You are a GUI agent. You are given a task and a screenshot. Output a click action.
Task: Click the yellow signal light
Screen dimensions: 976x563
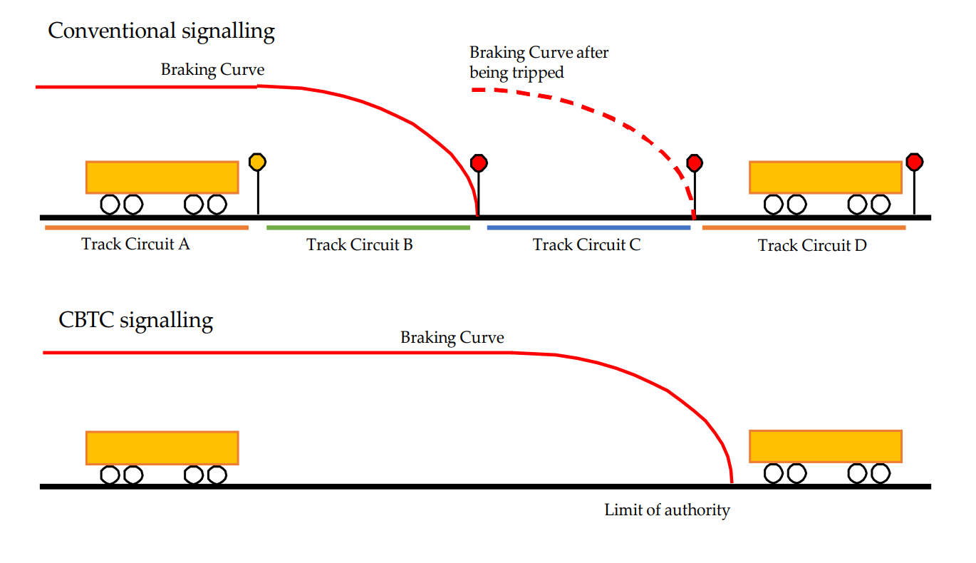point(257,162)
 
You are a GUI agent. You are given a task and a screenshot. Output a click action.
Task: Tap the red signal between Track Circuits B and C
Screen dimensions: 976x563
point(479,163)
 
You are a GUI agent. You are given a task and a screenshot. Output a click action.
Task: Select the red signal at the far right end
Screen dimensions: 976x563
point(915,162)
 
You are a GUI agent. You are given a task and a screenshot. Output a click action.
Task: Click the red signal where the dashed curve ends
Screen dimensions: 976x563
point(695,163)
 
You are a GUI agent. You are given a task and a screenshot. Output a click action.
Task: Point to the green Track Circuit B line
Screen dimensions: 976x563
point(368,227)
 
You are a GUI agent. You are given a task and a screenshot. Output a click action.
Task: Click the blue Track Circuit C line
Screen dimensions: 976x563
point(588,227)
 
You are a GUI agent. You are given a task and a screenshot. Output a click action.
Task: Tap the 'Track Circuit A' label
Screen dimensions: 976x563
point(135,244)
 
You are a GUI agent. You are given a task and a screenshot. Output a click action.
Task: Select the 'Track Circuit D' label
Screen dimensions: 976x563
point(813,245)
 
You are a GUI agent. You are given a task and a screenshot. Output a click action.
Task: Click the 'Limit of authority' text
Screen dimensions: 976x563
point(667,510)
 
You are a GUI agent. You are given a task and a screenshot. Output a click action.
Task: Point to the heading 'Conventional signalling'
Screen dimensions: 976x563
point(161,31)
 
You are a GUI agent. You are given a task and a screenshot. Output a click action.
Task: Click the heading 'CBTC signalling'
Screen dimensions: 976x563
point(135,320)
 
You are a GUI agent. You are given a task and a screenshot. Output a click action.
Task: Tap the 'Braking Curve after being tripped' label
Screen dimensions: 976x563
point(539,62)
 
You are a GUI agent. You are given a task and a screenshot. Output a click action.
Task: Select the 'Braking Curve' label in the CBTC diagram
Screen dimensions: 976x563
point(452,338)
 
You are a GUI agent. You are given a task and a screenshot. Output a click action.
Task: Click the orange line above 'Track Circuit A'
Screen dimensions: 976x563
point(147,227)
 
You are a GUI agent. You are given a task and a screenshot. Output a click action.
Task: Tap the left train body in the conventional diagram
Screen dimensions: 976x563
point(162,177)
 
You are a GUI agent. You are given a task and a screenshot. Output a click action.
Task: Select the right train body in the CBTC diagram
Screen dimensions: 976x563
point(826,447)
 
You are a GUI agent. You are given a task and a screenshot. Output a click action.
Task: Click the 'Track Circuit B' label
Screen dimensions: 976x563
point(360,245)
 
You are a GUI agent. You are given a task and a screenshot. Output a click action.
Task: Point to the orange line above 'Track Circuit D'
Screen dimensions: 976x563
point(804,227)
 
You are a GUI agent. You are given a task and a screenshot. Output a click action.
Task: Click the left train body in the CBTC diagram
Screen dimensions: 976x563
point(162,448)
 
